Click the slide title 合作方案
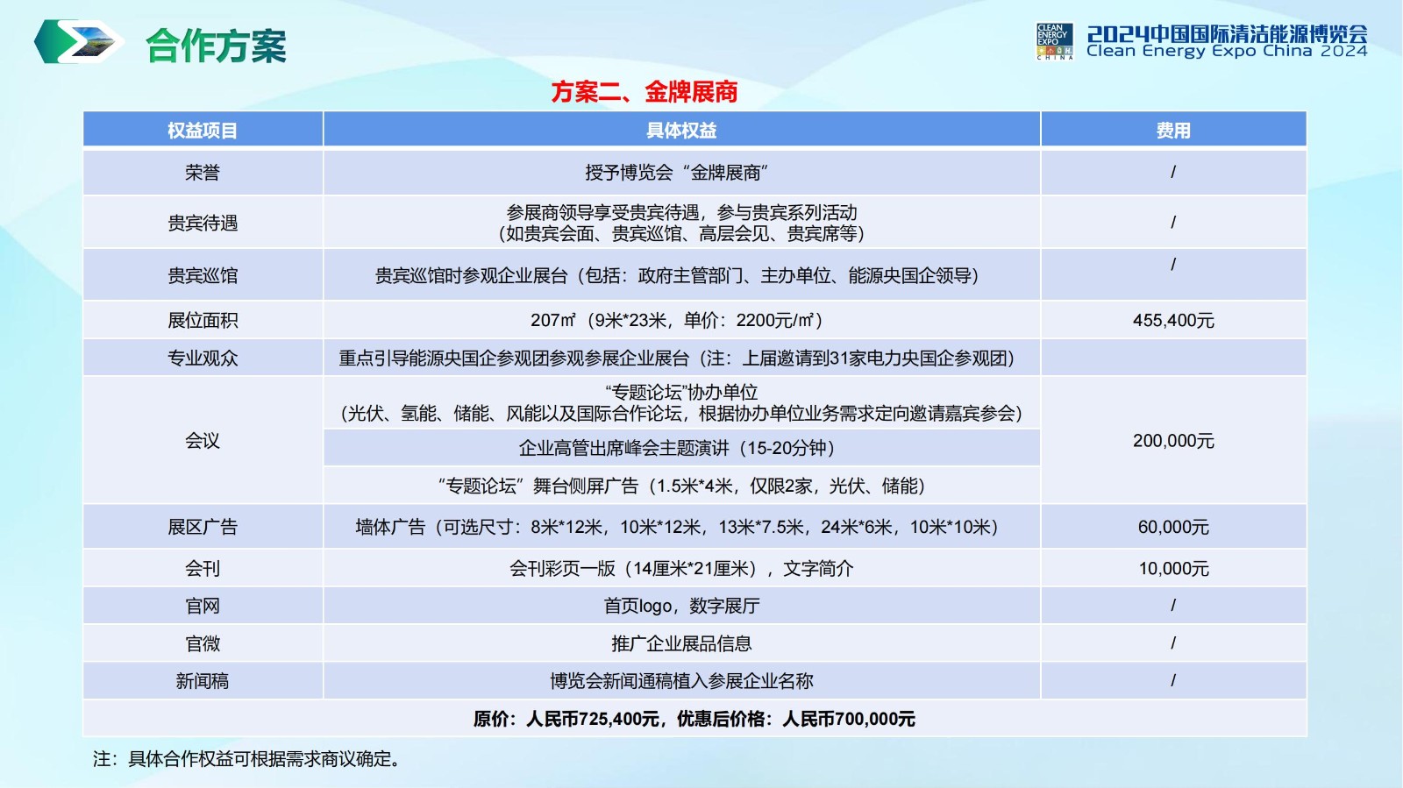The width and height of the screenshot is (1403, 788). [216, 45]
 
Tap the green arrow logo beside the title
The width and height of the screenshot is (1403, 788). [78, 41]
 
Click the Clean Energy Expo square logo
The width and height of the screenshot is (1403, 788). [1055, 41]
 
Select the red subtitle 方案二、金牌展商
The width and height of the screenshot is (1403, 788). [645, 92]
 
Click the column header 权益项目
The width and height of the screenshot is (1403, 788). [203, 131]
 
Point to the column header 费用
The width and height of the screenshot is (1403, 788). [1173, 131]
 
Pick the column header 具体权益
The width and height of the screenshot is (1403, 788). [681, 131]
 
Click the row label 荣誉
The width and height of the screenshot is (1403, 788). [203, 172]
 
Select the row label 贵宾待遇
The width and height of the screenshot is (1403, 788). [203, 223]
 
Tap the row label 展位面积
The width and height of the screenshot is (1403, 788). [203, 321]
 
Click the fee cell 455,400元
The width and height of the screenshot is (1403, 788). [1173, 321]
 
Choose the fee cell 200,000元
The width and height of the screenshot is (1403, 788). [1173, 441]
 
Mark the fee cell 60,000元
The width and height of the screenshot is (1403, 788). [1173, 527]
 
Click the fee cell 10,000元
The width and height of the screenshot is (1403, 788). [1173, 568]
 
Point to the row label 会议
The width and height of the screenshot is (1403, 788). [203, 441]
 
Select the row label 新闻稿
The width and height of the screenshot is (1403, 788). [203, 680]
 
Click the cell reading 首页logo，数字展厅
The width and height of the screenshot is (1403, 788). [681, 606]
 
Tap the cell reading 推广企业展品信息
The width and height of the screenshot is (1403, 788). [681, 643]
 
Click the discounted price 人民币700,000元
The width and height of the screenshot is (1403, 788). [849, 719]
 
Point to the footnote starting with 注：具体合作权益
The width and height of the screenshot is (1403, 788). [246, 758]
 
